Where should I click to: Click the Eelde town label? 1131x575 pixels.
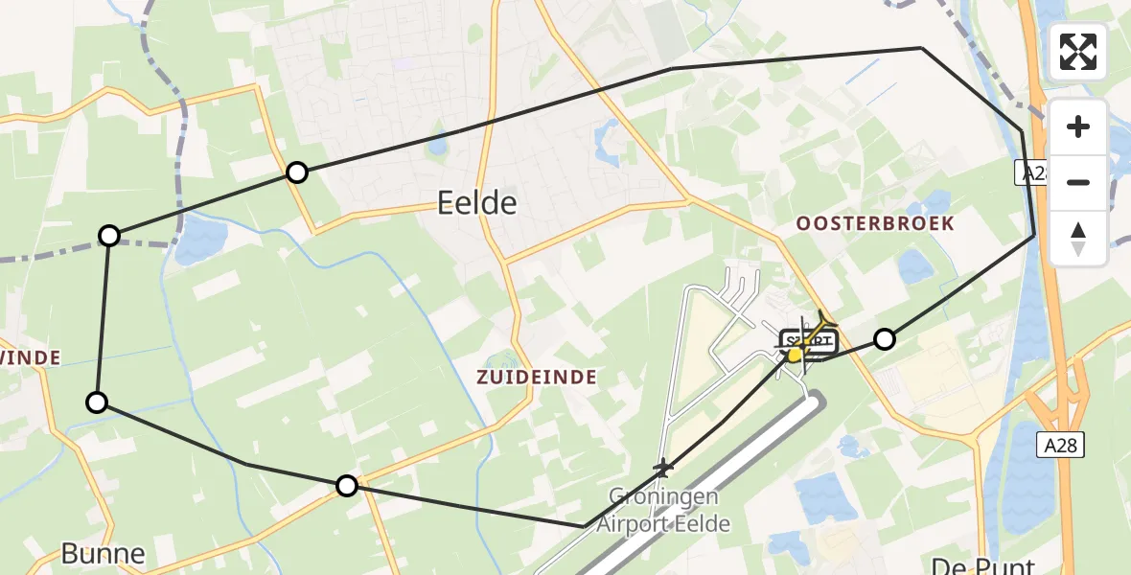476,203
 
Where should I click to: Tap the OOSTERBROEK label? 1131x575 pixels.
875,223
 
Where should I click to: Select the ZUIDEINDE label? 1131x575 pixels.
537,378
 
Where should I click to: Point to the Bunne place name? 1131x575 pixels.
103,553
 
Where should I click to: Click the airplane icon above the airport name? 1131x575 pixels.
662,469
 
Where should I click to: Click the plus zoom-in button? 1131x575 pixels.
1078,127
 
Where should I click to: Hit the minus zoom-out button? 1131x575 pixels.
1078,182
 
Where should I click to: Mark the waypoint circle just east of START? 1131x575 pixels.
885,338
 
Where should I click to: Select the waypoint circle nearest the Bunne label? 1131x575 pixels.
97,402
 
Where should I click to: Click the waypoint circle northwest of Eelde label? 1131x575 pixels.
297,172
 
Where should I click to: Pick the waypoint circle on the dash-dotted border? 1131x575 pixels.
110,236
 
